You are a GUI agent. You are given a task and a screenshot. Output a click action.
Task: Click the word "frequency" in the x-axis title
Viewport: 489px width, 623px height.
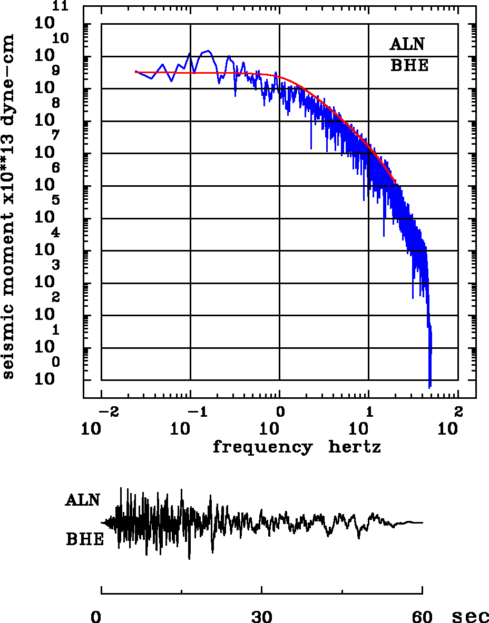262,447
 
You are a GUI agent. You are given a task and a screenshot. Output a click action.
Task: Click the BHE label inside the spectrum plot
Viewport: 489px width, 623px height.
409,66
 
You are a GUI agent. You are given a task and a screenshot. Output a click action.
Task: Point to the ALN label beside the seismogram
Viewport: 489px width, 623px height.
83,500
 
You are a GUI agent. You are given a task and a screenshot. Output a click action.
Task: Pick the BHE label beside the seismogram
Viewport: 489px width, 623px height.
85,540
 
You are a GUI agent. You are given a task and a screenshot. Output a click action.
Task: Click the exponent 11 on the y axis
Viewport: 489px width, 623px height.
63,7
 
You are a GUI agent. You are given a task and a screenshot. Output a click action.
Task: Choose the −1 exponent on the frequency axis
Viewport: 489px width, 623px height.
197,411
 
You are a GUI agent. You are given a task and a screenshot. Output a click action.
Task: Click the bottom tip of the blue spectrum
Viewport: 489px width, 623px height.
430,388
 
